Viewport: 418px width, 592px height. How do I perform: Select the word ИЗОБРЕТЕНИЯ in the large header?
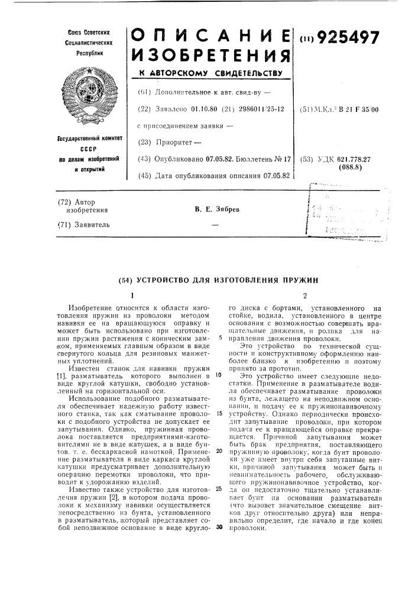click(211, 57)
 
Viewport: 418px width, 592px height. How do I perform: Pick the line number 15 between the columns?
click(219, 396)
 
